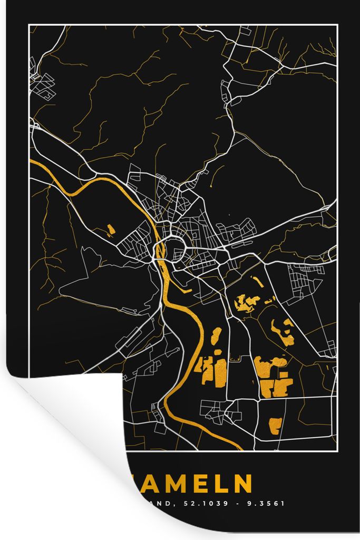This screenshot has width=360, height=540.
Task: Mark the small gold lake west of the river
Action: click(x=111, y=229)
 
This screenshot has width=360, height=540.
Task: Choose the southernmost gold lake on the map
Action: click(x=275, y=425)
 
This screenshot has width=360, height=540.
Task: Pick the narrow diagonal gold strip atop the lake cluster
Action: click(x=258, y=282)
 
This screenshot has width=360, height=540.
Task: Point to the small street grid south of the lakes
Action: click(x=221, y=411)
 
